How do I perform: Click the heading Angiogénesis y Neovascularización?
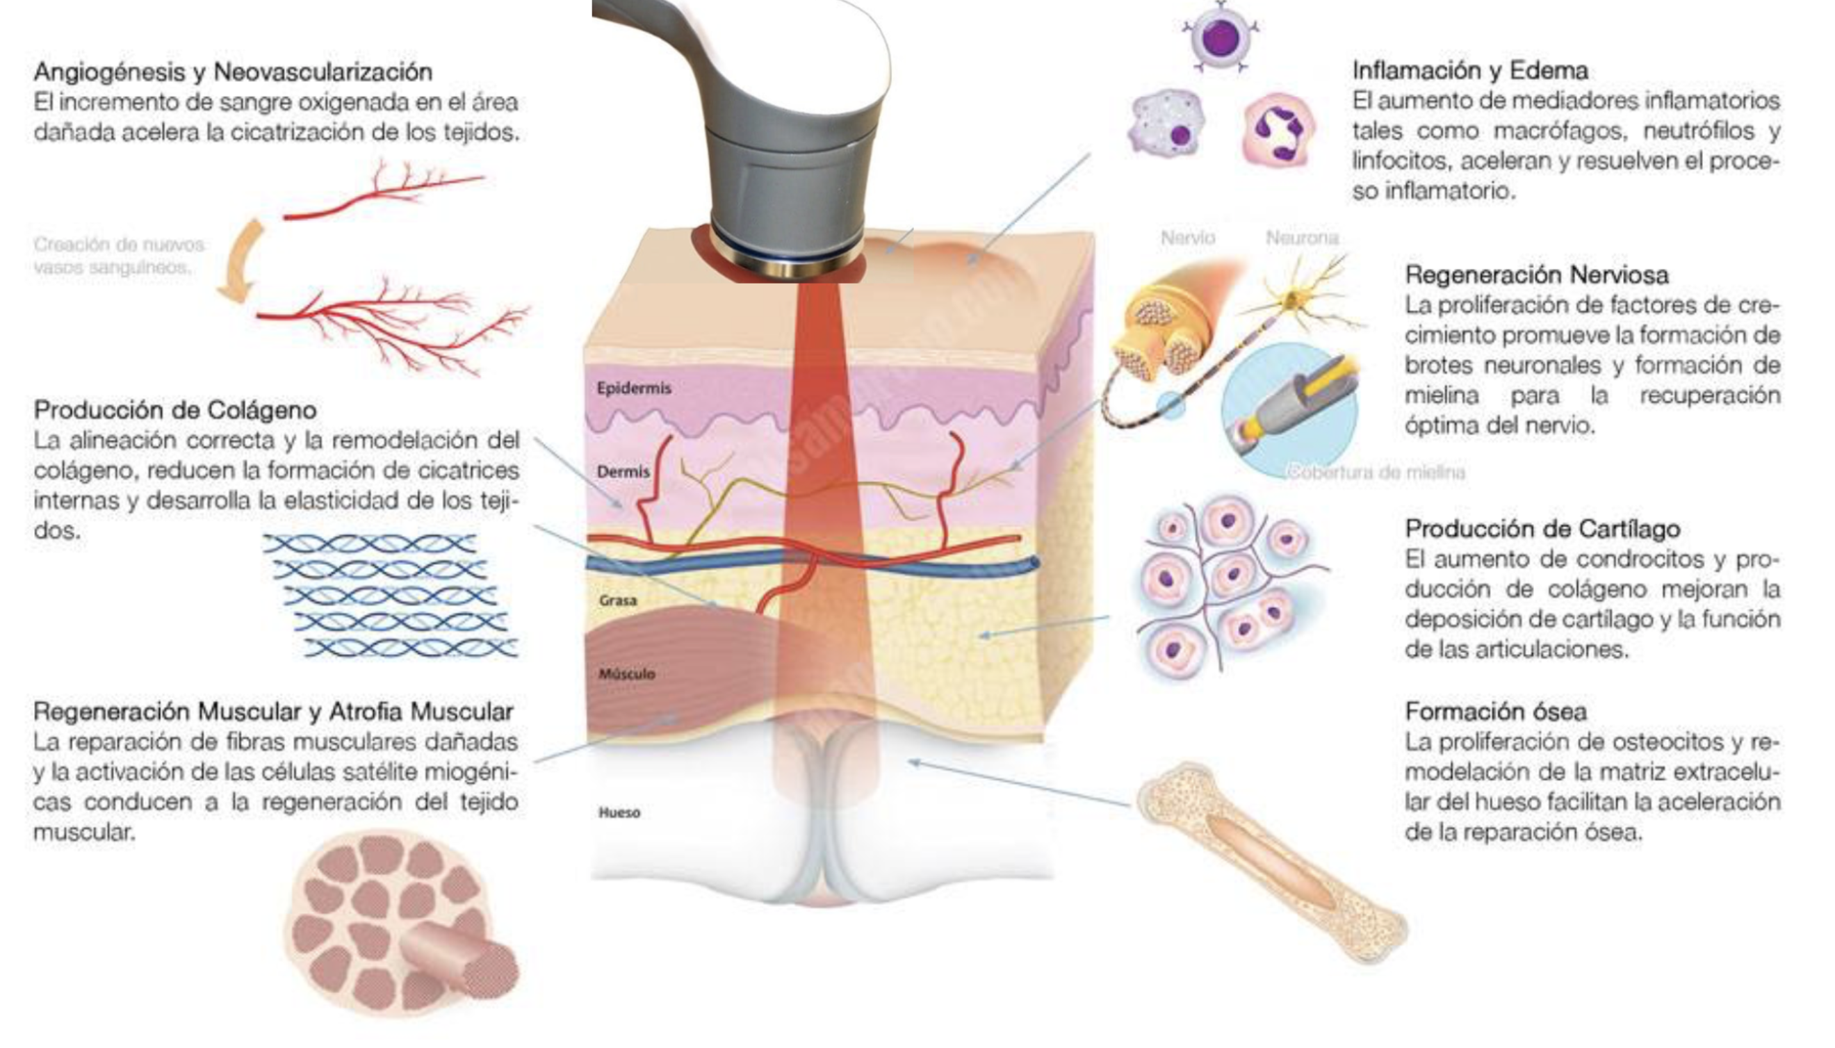click(x=233, y=72)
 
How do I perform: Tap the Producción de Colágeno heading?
click(x=175, y=410)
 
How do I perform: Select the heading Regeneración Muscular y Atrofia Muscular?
click(x=273, y=712)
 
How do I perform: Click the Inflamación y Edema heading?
click(x=1470, y=71)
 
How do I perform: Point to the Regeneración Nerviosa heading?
click(x=1536, y=275)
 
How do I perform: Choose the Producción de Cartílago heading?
click(x=1542, y=529)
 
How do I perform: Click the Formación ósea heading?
click(x=1495, y=712)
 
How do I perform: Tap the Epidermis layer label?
click(x=633, y=388)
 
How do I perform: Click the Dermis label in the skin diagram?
click(x=623, y=472)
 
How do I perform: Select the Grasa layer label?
click(x=618, y=600)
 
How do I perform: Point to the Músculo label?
click(x=626, y=674)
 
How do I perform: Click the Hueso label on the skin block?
click(x=619, y=813)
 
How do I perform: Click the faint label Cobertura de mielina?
click(x=1376, y=473)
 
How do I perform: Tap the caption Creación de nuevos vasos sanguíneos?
click(x=119, y=256)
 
